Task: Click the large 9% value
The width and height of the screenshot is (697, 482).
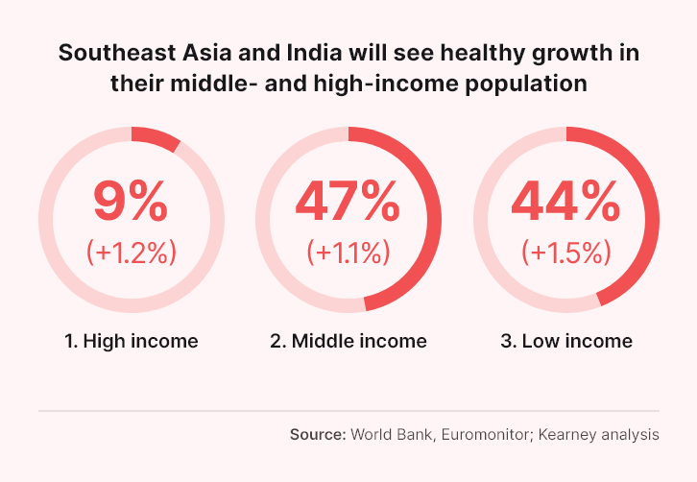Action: click(131, 200)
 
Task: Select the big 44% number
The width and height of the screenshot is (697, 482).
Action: click(565, 200)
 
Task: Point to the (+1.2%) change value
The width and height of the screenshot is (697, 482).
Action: click(132, 253)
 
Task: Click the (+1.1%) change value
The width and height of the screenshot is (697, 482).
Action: click(348, 253)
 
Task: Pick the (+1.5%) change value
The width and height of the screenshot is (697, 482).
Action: click(566, 253)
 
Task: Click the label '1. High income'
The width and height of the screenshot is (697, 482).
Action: click(131, 341)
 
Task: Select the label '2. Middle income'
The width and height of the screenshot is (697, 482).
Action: click(348, 341)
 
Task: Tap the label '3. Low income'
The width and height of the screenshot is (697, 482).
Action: click(566, 341)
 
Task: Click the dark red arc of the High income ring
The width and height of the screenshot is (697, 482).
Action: click(156, 137)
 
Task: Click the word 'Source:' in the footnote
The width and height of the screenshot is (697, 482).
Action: click(318, 435)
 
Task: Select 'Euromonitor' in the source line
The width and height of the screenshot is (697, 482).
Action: click(485, 435)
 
